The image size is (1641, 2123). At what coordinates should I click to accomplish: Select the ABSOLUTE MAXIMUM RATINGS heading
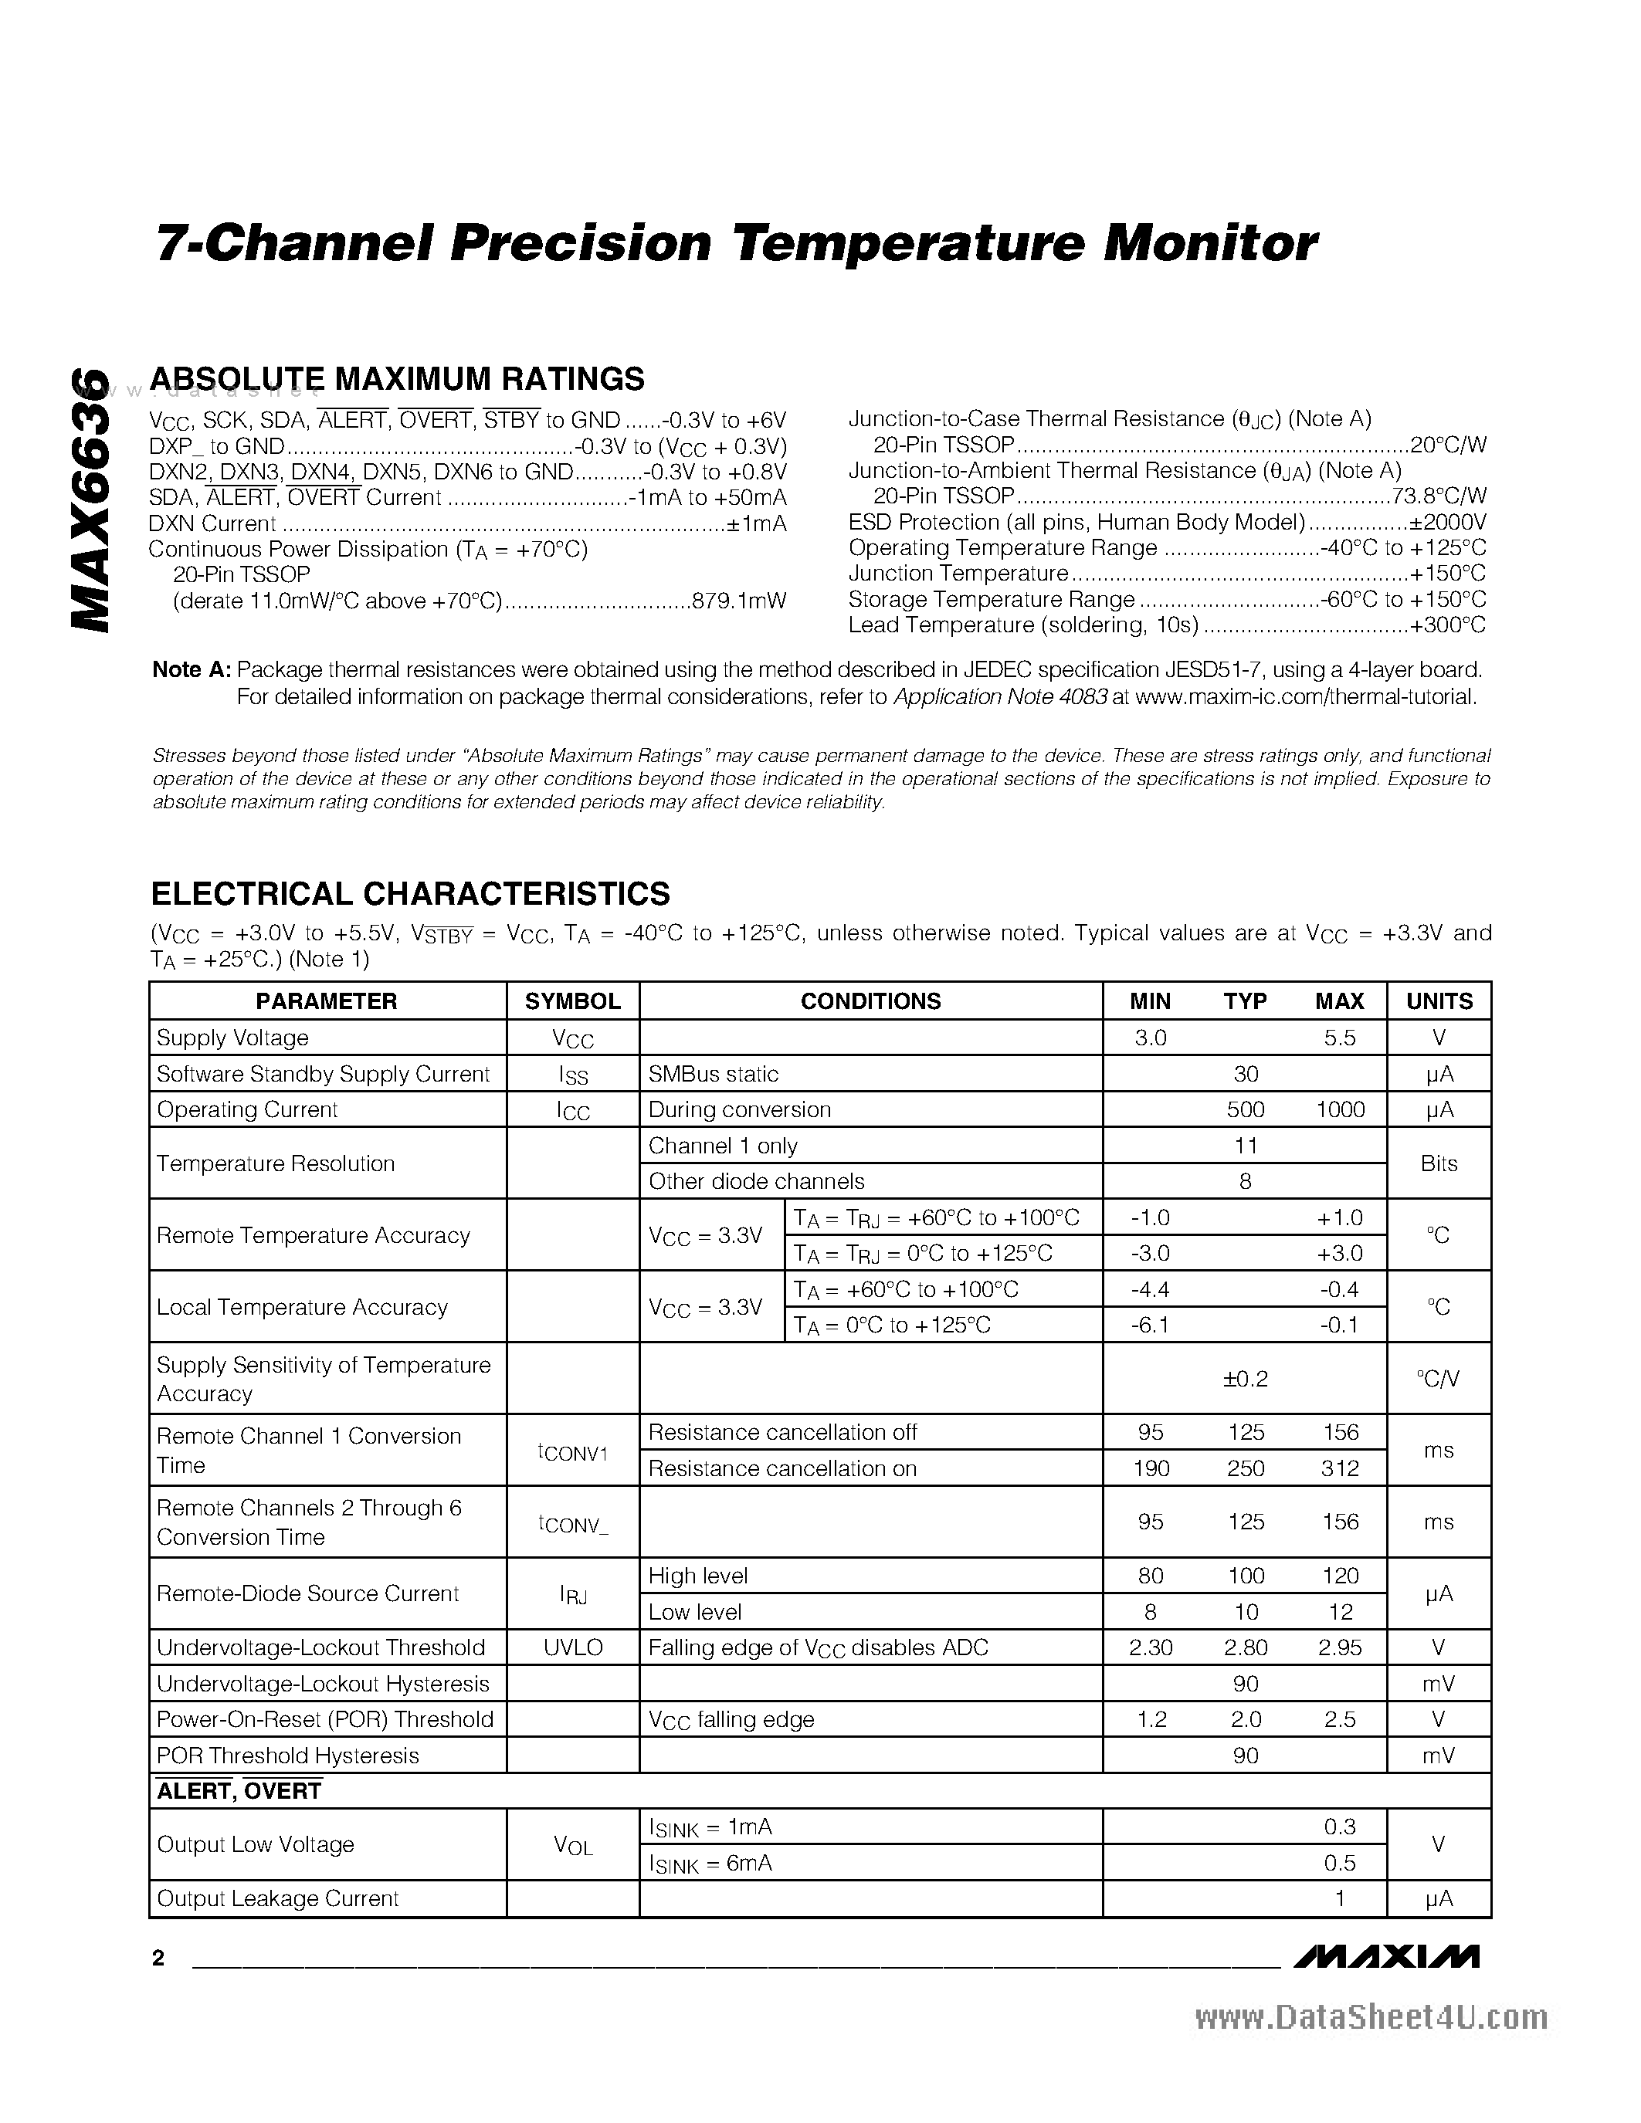[398, 379]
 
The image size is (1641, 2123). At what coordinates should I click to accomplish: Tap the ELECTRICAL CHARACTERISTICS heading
[410, 893]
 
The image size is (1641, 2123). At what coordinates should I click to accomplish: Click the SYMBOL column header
[572, 1001]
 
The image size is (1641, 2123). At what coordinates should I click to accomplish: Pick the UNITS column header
[1439, 1001]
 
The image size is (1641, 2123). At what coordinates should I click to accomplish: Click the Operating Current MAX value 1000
[1340, 1110]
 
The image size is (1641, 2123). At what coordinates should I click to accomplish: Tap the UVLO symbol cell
[572, 1647]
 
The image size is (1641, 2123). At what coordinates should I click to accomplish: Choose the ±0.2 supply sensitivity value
[1246, 1378]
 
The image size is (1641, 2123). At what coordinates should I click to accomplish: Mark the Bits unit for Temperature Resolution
[1439, 1163]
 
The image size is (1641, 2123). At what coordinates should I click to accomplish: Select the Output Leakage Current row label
[278, 1898]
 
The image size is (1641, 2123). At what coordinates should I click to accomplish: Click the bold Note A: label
[192, 670]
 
